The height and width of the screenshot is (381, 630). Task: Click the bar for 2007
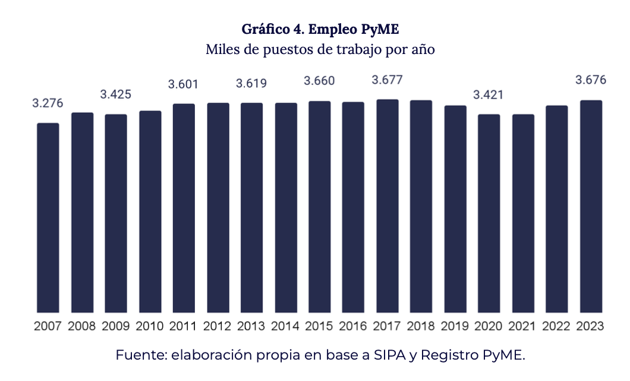(48, 217)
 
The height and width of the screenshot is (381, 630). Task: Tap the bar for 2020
(489, 213)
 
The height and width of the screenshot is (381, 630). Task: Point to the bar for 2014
(286, 207)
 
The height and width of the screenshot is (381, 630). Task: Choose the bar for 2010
(150, 211)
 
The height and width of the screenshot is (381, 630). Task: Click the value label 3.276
(48, 103)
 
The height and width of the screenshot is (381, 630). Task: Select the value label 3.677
(388, 80)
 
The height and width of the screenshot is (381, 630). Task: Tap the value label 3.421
(489, 94)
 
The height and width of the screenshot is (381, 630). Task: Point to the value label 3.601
(184, 84)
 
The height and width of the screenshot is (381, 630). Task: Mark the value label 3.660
(320, 81)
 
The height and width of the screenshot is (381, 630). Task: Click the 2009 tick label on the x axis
(116, 326)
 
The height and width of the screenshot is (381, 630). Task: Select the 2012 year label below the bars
(218, 326)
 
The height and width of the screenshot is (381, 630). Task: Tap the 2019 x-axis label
(455, 326)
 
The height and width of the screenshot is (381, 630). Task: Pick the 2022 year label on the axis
(557, 326)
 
